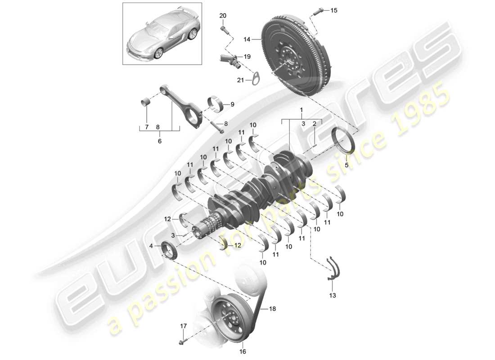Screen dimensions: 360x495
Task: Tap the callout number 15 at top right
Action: point(333,10)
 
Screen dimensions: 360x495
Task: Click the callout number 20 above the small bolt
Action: point(223,16)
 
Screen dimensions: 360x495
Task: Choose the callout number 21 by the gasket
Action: point(240,81)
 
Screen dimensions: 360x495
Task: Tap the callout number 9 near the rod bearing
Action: point(232,104)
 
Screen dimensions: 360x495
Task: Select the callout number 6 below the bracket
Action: point(159,141)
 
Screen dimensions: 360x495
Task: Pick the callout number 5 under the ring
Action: point(346,165)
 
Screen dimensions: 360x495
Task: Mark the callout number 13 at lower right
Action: point(333,296)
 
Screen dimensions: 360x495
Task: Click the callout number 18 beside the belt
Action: point(272,309)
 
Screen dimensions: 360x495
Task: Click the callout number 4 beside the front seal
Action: point(151,245)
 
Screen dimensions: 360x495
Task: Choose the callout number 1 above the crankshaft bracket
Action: point(302,109)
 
